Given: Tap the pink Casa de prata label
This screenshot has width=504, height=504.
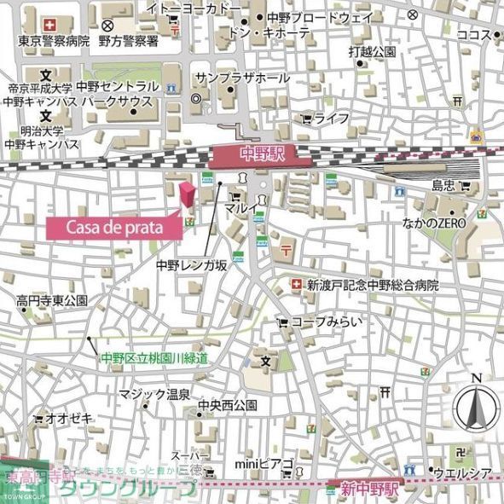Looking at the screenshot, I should point(113,228).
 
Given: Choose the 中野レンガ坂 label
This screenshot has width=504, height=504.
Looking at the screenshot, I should point(191,265).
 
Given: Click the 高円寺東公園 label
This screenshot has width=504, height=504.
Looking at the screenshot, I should point(52,301).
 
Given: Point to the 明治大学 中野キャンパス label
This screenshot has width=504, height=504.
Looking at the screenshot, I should point(42,137).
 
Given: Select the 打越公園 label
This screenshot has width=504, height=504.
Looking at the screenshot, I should point(372,51).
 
